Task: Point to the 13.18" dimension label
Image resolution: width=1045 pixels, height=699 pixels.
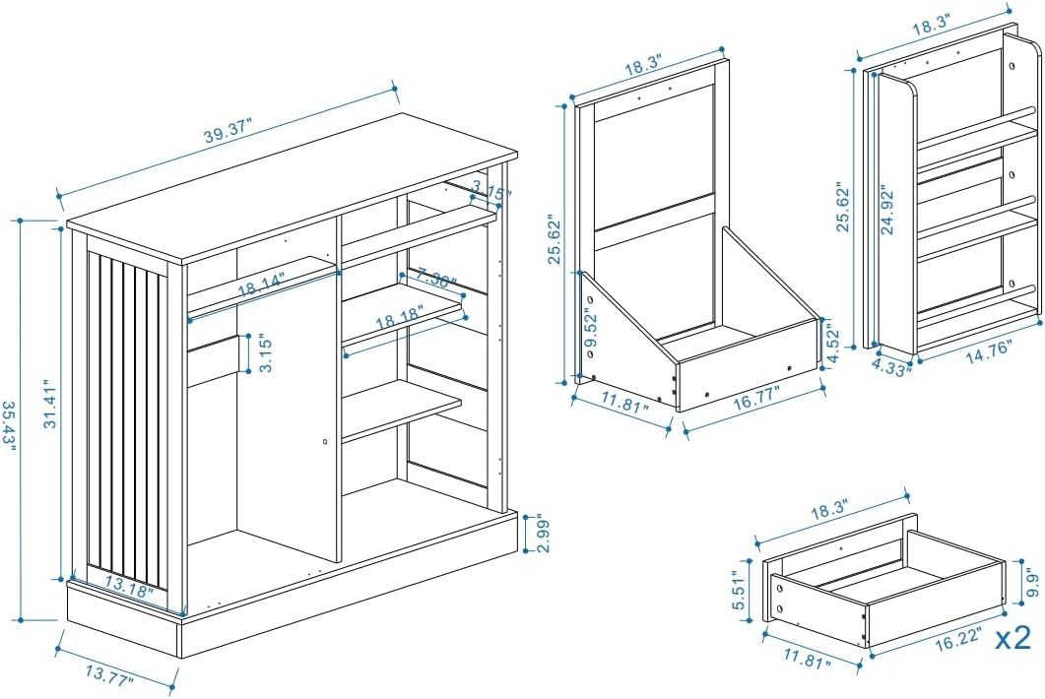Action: pyautogui.click(x=127, y=588)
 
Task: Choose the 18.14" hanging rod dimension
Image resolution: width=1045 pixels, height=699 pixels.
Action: pyautogui.click(x=260, y=285)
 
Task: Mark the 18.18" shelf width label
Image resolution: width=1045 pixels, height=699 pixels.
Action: pyautogui.click(x=400, y=319)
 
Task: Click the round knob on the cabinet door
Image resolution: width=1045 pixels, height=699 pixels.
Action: pyautogui.click(x=325, y=442)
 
